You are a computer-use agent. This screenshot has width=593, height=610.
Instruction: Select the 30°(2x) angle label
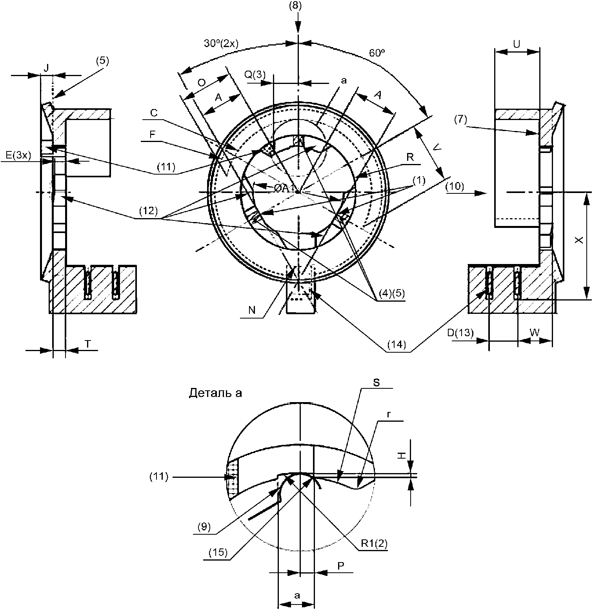(x=220, y=43)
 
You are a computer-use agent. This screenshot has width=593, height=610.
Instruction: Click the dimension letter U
(x=517, y=44)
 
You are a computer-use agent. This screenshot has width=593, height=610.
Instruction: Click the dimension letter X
(x=579, y=240)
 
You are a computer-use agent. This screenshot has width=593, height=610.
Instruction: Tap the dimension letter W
(x=535, y=332)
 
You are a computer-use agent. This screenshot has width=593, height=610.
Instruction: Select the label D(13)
(x=460, y=333)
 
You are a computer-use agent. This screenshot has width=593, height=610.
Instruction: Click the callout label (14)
(x=397, y=344)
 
